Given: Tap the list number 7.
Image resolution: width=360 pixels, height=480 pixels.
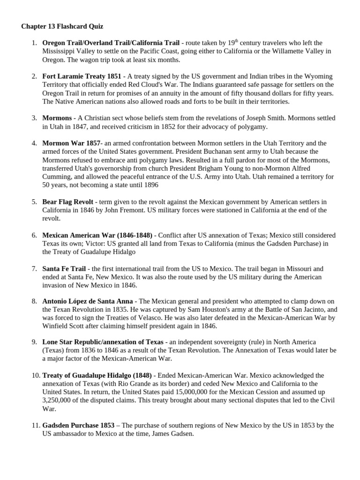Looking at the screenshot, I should [34, 269].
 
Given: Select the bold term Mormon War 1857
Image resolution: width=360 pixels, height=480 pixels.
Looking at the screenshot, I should [71, 143].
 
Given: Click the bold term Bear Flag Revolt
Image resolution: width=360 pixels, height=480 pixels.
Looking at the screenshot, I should [67, 202].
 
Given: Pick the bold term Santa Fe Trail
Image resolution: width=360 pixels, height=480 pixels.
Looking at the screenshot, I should [64, 269].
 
